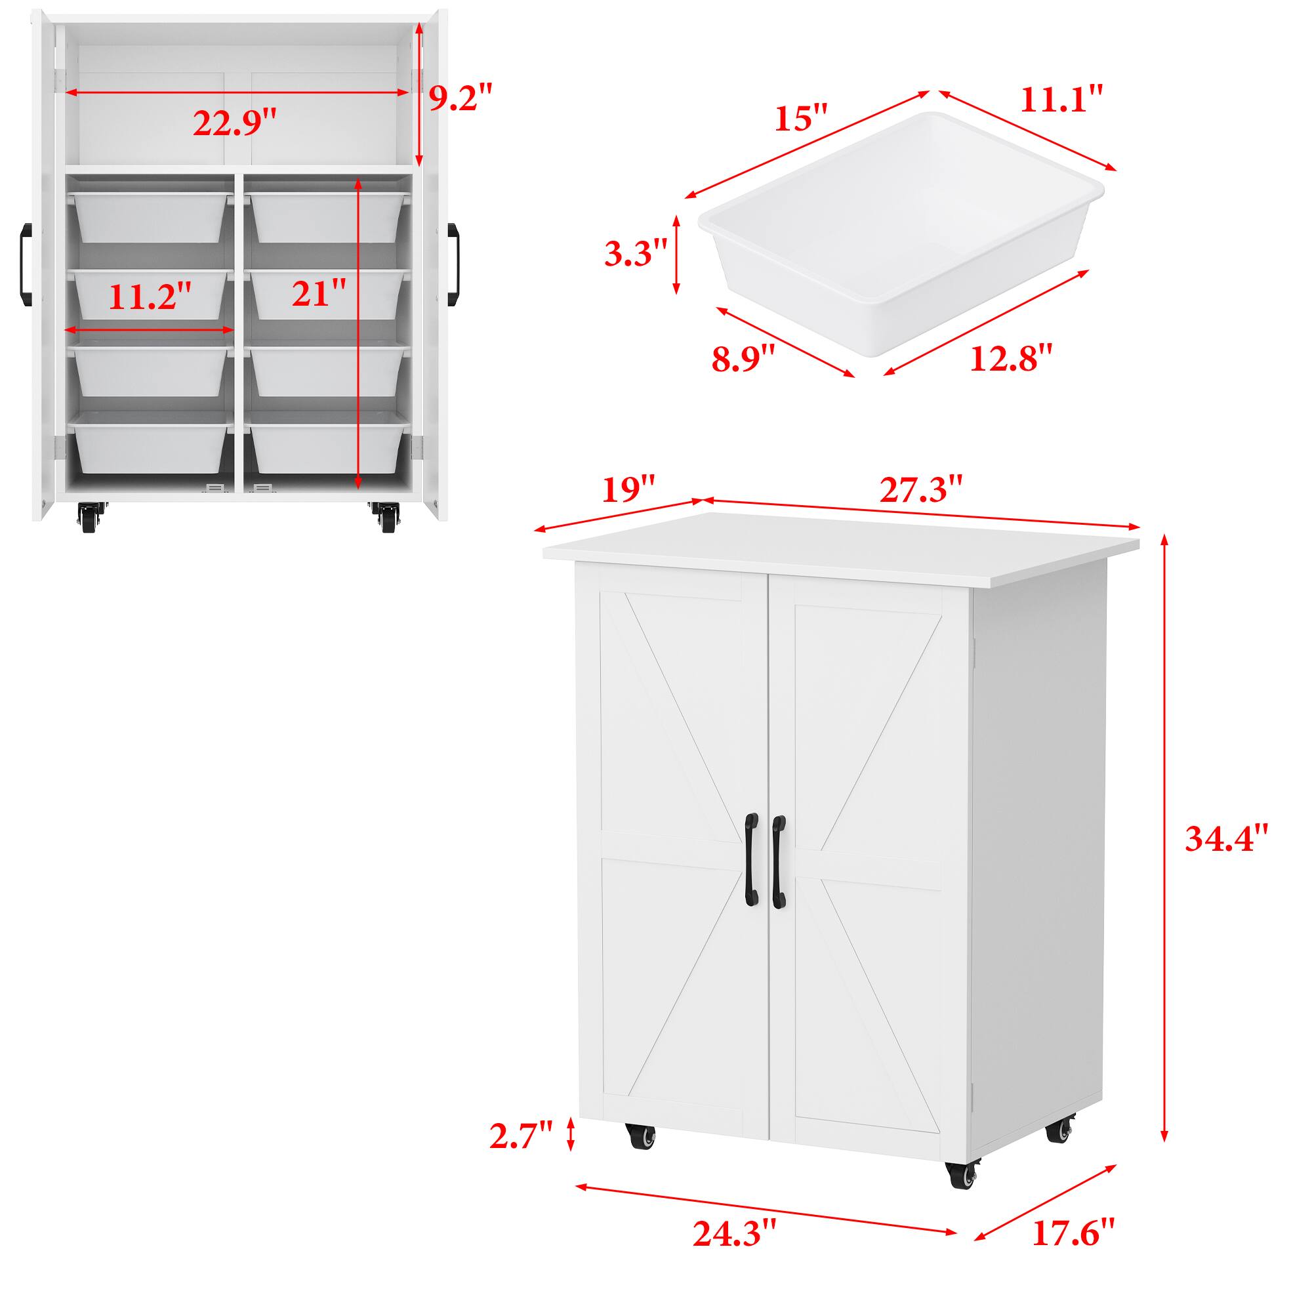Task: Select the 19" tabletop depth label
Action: (x=629, y=488)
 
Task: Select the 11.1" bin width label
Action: (x=1061, y=100)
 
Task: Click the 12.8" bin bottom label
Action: (x=1011, y=358)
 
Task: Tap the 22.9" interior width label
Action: (x=235, y=123)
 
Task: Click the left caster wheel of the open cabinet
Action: (x=89, y=518)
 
